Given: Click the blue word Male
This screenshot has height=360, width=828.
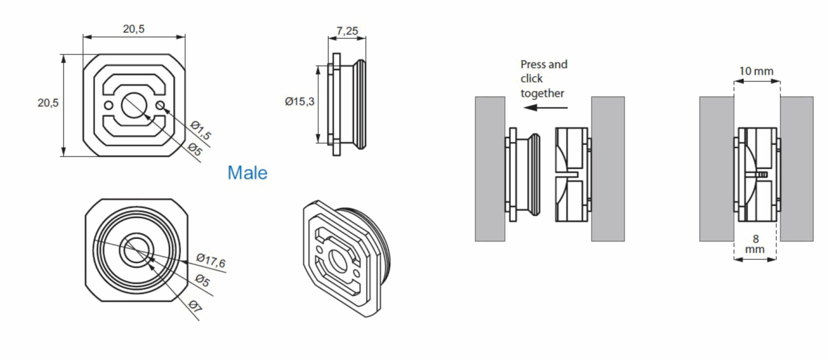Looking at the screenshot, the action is [x=247, y=173].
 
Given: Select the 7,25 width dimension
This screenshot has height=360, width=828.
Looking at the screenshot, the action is [x=347, y=31].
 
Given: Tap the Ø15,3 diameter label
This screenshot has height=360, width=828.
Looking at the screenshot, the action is [x=300, y=102].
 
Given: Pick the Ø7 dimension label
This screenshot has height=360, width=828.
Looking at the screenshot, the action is [x=195, y=306].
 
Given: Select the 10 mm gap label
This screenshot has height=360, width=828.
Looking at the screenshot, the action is [x=756, y=71].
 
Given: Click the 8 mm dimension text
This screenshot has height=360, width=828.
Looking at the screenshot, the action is [x=755, y=244].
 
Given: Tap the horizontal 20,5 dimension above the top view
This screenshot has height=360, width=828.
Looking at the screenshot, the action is [x=134, y=29].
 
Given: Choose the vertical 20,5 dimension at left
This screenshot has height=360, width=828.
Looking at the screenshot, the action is [x=48, y=103].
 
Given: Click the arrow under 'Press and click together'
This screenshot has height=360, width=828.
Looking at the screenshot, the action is [x=545, y=107].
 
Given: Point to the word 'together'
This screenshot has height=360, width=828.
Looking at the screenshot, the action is [x=542, y=93].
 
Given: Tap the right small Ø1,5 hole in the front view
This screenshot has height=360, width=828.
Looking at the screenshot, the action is [x=160, y=105].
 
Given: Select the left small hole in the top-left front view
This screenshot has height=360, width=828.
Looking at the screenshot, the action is [x=109, y=105].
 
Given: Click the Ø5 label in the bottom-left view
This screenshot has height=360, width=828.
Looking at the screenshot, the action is [x=203, y=281].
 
